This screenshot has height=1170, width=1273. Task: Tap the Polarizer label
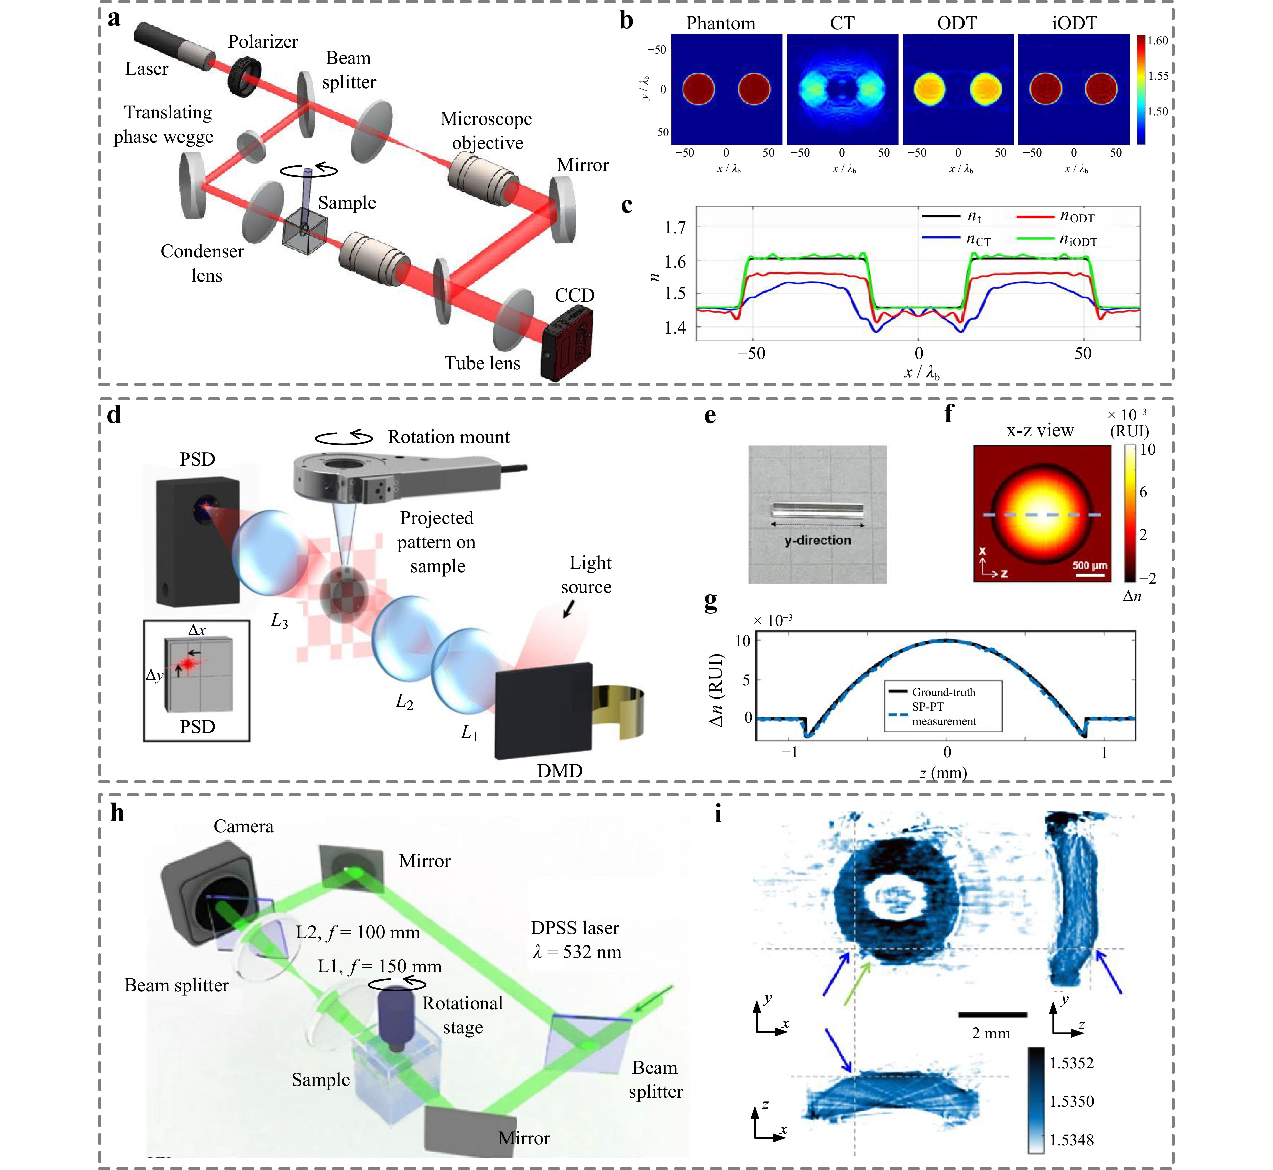[x=263, y=42]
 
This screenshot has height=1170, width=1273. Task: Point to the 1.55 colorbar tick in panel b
[x=1158, y=76]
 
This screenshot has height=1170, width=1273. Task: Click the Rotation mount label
[x=448, y=437]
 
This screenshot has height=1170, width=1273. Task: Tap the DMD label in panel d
[x=560, y=770]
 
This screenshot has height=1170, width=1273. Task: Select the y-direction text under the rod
[x=818, y=540]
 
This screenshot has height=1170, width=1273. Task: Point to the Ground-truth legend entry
[x=944, y=692]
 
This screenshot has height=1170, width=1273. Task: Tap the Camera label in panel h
[x=243, y=826]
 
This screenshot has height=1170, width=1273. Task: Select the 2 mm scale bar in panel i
[x=992, y=1014]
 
